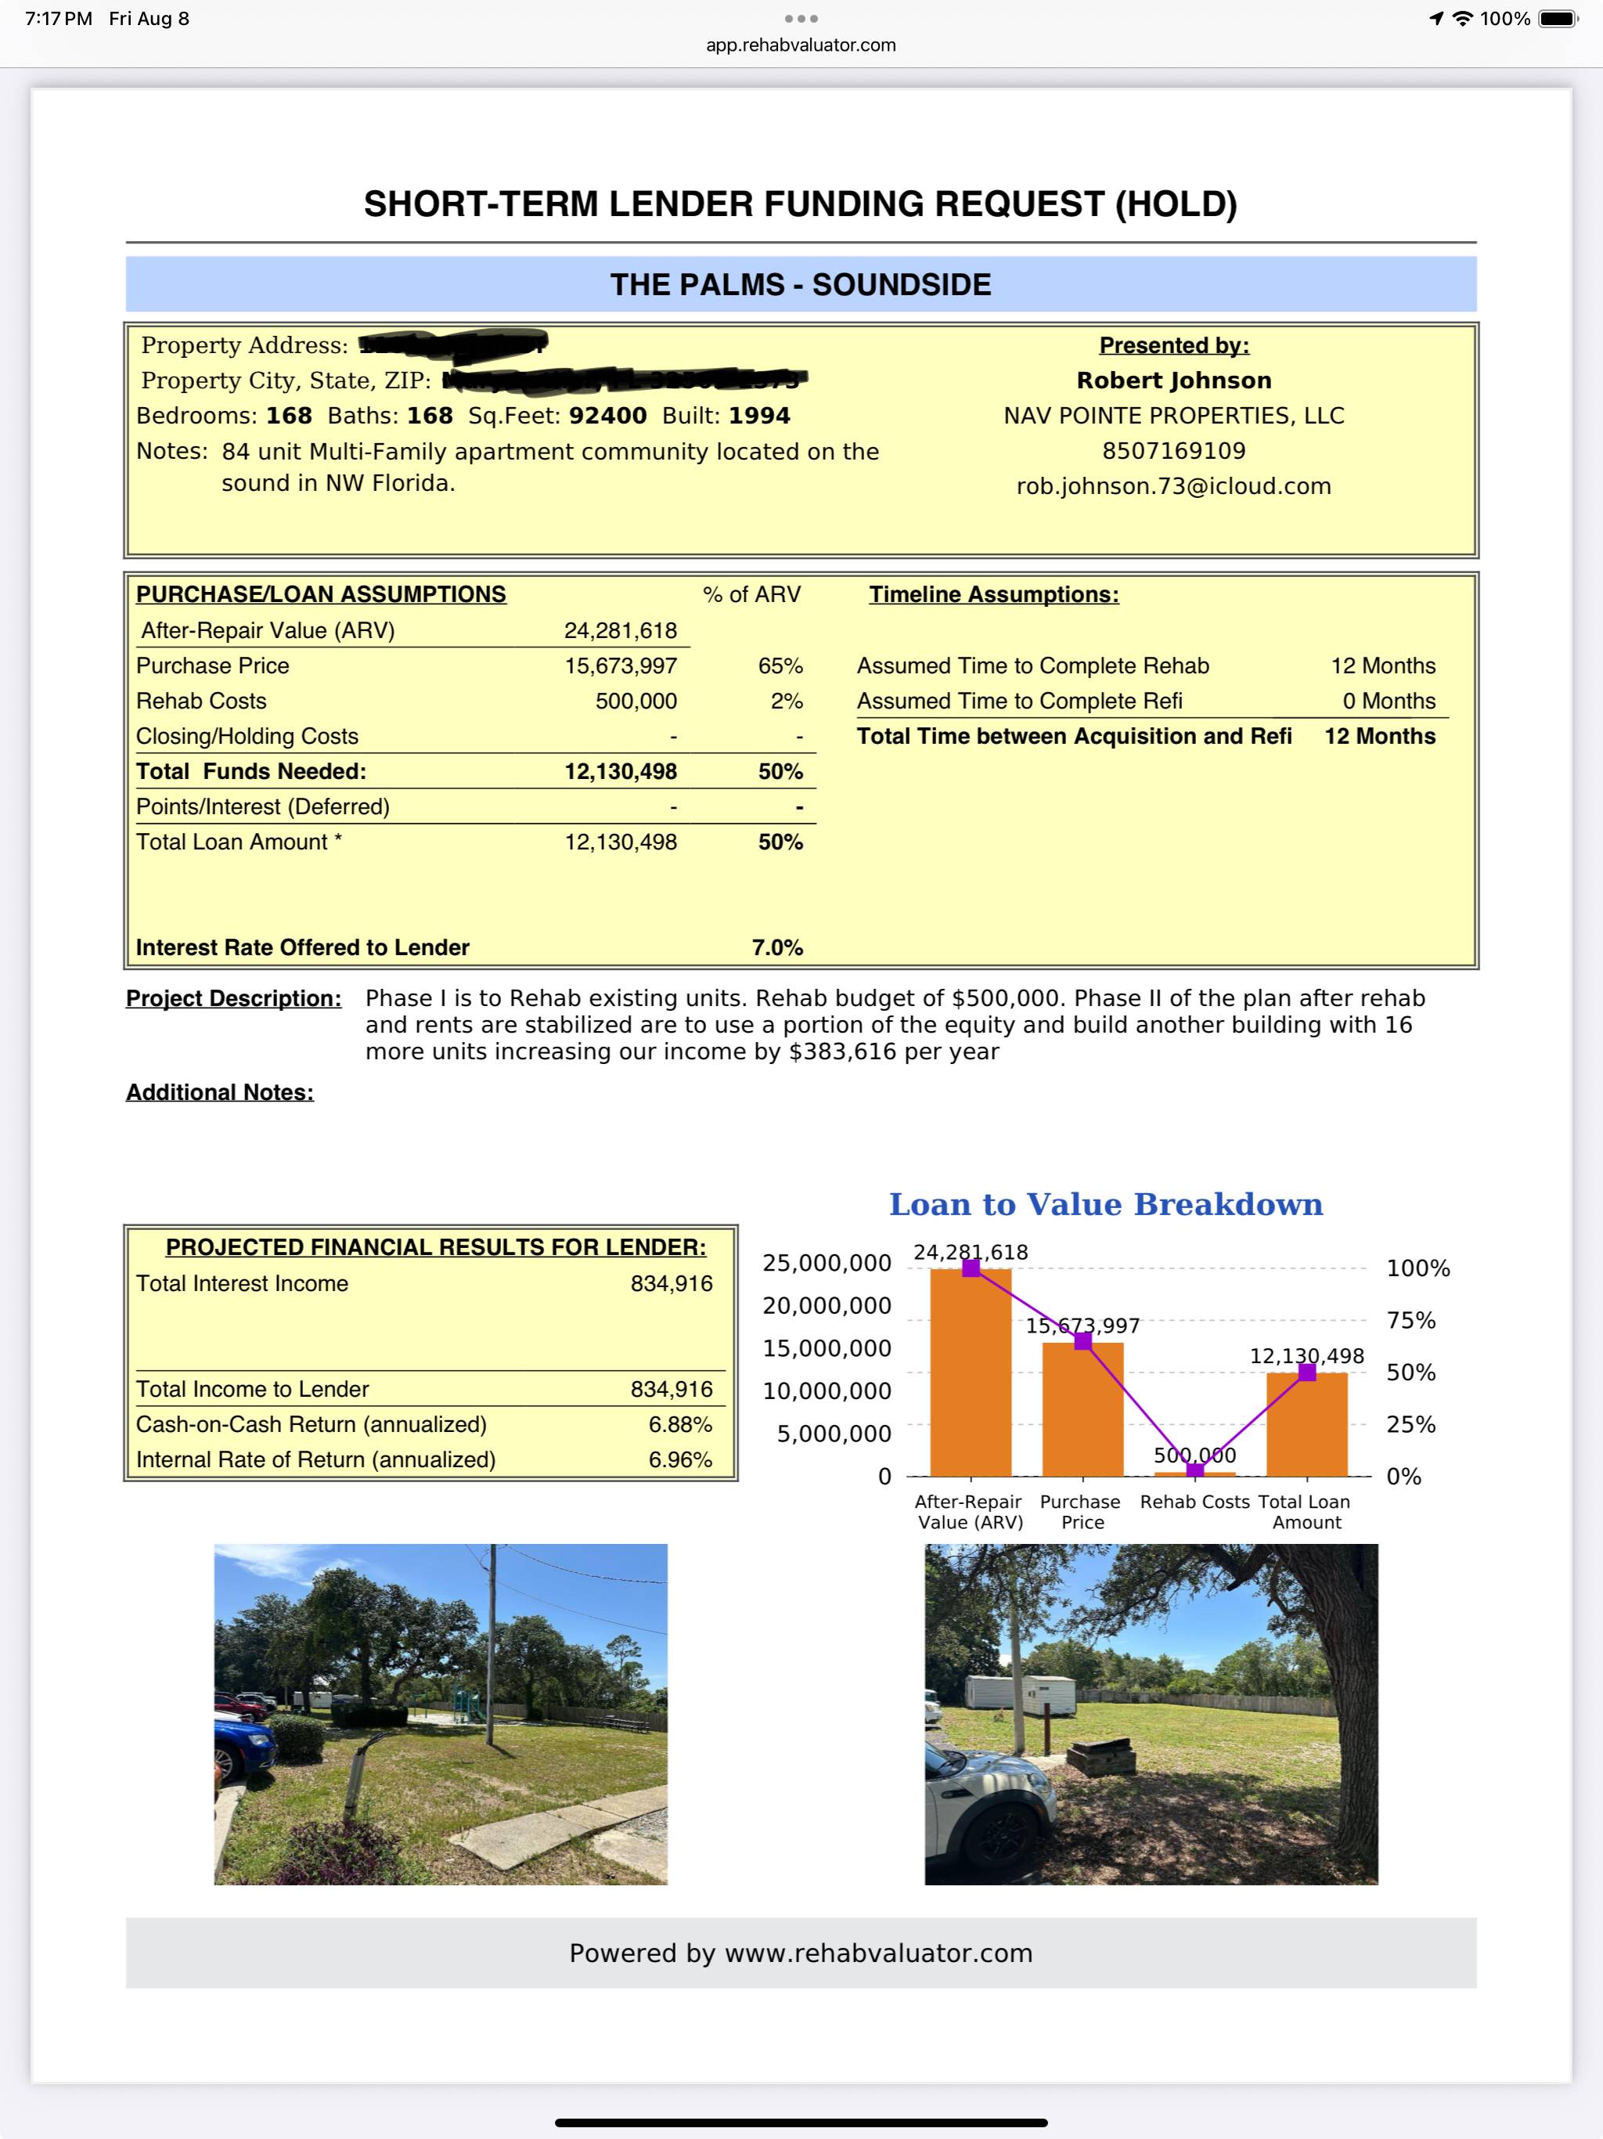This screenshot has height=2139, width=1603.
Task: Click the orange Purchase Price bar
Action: [x=1082, y=1412]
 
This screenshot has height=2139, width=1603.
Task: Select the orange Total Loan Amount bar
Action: [x=1306, y=1426]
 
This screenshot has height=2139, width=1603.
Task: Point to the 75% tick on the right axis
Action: [x=1410, y=1321]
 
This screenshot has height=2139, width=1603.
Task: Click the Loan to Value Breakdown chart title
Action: [x=1105, y=1205]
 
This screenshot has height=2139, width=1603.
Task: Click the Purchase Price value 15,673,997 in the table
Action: [x=621, y=666]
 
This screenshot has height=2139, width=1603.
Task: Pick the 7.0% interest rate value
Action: [x=776, y=947]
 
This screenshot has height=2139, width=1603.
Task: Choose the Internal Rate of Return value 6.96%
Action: [x=679, y=1460]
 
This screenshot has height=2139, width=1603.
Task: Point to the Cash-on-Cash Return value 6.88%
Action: [x=679, y=1424]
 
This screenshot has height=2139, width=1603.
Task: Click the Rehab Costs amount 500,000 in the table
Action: [x=636, y=701]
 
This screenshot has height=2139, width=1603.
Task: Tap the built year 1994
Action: [x=759, y=416]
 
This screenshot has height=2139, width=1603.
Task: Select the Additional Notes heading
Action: [x=219, y=1093]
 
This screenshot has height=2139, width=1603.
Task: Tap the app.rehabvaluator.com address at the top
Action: [x=801, y=45]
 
